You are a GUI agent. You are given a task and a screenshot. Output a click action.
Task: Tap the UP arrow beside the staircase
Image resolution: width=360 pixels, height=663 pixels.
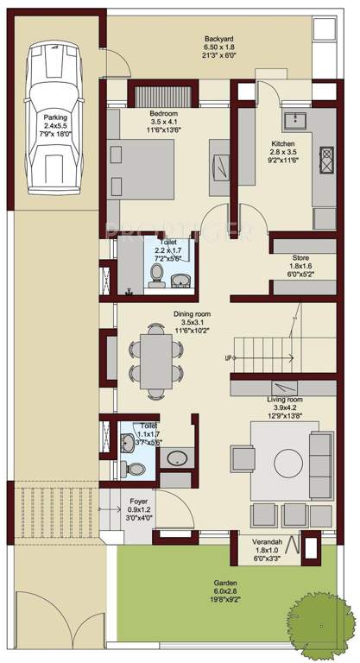click(229, 357)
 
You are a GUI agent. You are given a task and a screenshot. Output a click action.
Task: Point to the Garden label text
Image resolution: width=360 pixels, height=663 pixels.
click(226, 583)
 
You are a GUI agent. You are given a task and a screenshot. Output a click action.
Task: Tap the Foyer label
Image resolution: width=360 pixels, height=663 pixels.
click(139, 500)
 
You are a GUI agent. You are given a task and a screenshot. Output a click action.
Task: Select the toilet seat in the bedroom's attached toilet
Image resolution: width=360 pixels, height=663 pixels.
click(156, 275)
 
